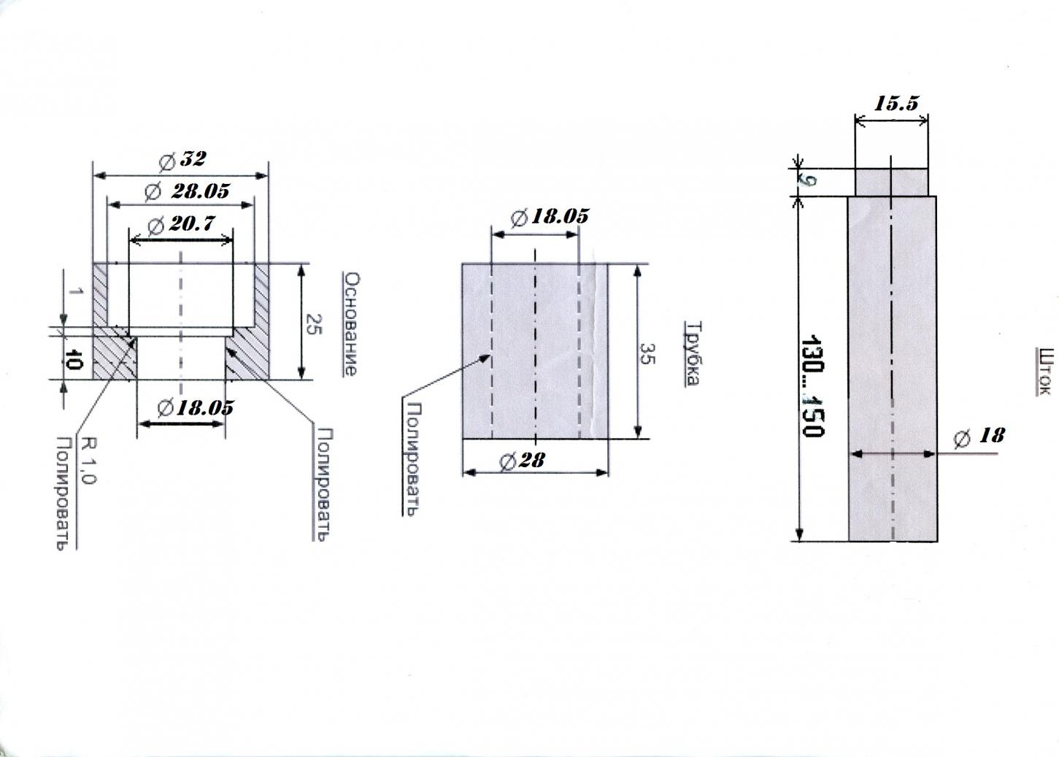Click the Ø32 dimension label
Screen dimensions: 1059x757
coord(182,159)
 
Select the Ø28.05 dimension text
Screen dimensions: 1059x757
coord(188,191)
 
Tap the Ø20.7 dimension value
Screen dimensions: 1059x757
coord(181,224)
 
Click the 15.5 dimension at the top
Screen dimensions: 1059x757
coord(896,104)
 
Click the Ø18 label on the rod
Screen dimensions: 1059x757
coord(979,436)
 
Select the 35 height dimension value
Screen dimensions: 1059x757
coord(647,353)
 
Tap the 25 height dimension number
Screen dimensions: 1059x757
coord(313,324)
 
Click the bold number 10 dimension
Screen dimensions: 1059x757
coord(74,360)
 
